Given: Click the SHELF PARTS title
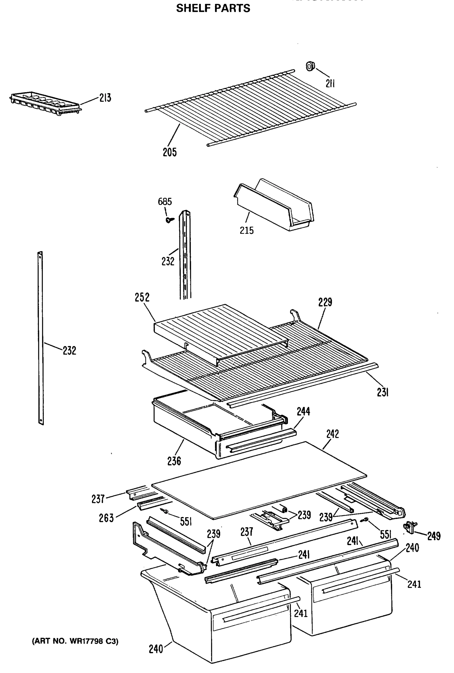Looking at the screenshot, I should [x=213, y=8].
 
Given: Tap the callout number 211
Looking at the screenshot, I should [x=330, y=84].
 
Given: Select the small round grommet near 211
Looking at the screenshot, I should [x=310, y=66].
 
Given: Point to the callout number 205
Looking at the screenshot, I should [x=169, y=152].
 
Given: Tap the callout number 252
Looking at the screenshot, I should [x=142, y=297].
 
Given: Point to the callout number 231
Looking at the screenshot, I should [x=382, y=393].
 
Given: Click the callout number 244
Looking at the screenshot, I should [x=303, y=411].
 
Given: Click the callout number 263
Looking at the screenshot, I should [x=106, y=518].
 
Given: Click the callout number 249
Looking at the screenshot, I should [x=434, y=536].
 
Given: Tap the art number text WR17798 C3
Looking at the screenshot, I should [x=75, y=641].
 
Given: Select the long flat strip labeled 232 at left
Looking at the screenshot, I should [x=41, y=339].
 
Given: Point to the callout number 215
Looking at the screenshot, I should [x=246, y=231].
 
